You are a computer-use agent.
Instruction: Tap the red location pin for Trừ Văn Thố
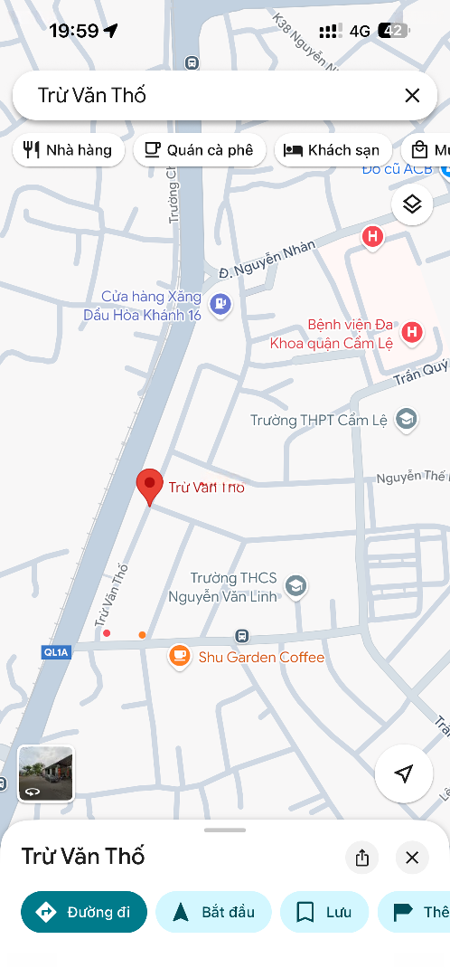coord(149,486)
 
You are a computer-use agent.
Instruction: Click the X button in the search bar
coord(412,95)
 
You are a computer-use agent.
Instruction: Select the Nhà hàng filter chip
coord(68,150)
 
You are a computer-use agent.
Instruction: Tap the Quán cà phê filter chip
coord(199,150)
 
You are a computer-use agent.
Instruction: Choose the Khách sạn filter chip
coord(333,150)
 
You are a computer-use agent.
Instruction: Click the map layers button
coord(412,204)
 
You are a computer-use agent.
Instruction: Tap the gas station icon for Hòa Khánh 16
coord(220,305)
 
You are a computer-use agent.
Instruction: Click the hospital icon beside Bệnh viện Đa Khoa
coord(412,333)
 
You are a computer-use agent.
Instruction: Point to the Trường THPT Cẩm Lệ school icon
coord(406,419)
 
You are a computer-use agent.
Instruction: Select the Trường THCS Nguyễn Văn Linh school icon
coord(295,587)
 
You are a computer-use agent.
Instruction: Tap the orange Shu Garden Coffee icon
coord(179,657)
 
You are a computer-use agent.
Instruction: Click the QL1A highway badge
coord(55,651)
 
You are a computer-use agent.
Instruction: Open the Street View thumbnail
coord(46,773)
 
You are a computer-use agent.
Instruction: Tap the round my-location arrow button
coord(404,773)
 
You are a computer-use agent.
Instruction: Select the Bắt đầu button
coord(213,911)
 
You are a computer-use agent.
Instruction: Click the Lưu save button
coord(324,911)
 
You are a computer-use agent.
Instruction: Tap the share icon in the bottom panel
coord(362,858)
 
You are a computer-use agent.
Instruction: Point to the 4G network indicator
coord(360,31)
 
